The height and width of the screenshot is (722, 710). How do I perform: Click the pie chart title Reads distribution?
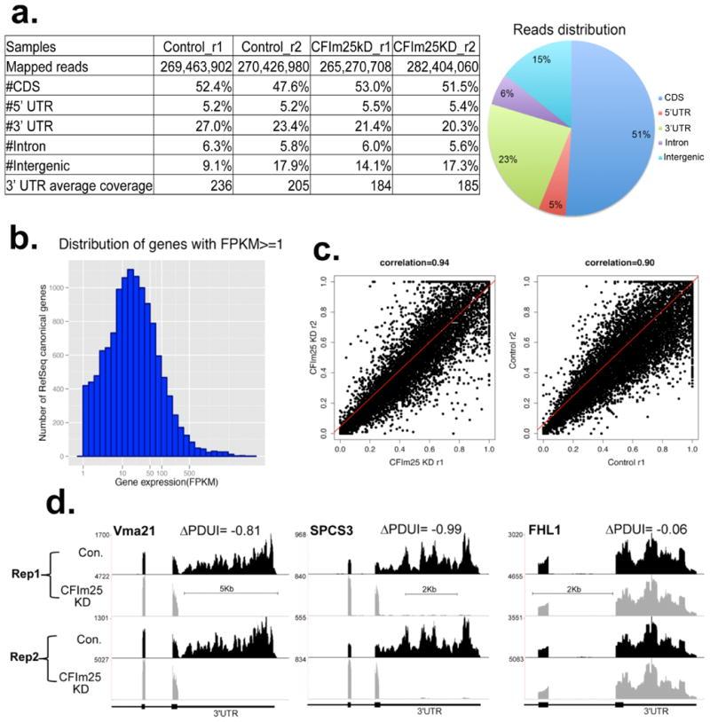coord(569,29)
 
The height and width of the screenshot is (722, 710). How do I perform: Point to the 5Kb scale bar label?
coord(229,586)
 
